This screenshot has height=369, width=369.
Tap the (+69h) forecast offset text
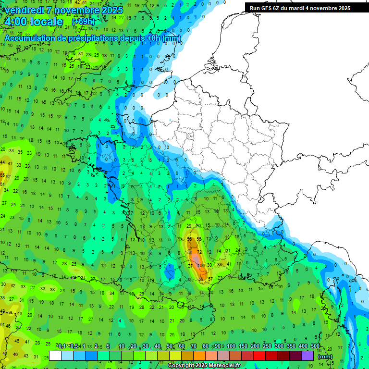(83, 22)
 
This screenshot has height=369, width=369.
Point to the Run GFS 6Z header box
(300, 8)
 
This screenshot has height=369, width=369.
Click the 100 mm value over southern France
(201, 265)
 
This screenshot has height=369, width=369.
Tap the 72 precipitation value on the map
(199, 252)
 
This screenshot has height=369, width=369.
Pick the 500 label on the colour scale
(315, 346)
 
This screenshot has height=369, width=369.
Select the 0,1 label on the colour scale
(61, 346)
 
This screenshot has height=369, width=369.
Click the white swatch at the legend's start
(55, 356)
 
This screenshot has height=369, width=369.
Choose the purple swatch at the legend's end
(308, 356)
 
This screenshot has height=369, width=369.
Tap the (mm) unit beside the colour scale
(325, 357)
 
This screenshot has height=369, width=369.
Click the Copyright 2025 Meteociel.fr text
(204, 366)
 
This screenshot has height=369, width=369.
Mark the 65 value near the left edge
(2, 176)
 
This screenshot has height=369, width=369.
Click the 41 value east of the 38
(229, 264)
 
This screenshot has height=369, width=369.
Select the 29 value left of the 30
(189, 226)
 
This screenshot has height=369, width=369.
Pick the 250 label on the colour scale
(267, 346)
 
